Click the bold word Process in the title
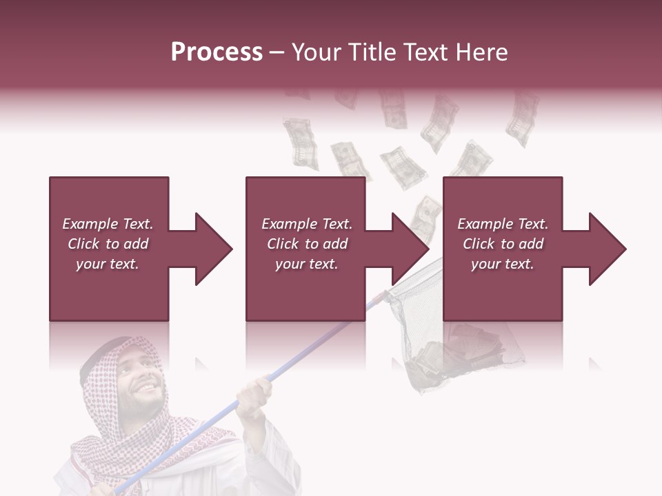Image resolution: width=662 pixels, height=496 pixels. coord(217,52)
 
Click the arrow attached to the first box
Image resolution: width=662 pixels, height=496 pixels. coord(204,249)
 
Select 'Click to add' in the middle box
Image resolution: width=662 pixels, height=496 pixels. coord(307,244)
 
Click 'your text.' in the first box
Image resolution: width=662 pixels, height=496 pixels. coord(108,264)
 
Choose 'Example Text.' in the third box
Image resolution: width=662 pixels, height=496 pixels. coord(503,224)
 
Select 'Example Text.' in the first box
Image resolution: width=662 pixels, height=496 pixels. coord(108,224)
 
